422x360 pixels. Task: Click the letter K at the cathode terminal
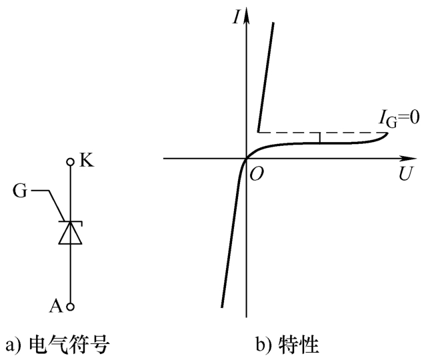[85, 160]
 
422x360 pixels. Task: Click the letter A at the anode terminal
[55, 305]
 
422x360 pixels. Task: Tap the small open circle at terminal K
[70, 161]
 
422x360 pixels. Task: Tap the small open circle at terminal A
[70, 307]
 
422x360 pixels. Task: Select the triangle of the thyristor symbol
[70, 233]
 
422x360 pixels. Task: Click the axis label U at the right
[404, 175]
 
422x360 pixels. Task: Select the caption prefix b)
[265, 345]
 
